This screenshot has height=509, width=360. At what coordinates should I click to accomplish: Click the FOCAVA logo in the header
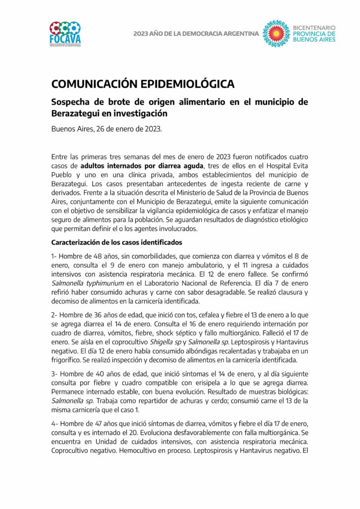pyautogui.click(x=65, y=33)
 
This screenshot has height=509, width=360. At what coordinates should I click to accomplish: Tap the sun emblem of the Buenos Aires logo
pyautogui.click(x=275, y=33)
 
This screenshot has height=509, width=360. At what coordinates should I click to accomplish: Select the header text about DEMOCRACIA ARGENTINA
pyautogui.click(x=196, y=34)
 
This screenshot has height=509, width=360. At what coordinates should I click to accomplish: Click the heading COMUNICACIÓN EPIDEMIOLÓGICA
pyautogui.click(x=143, y=84)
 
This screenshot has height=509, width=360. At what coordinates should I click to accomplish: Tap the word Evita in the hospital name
pyautogui.click(x=296, y=166)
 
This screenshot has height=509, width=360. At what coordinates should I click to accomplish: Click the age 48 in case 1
pyautogui.click(x=91, y=255)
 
